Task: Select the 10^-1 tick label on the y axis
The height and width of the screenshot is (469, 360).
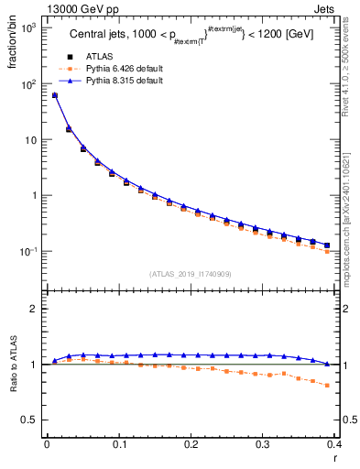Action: click(27, 251)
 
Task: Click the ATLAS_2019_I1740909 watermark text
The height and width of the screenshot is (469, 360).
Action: click(191, 274)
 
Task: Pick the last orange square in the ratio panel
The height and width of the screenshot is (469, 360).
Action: click(327, 386)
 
